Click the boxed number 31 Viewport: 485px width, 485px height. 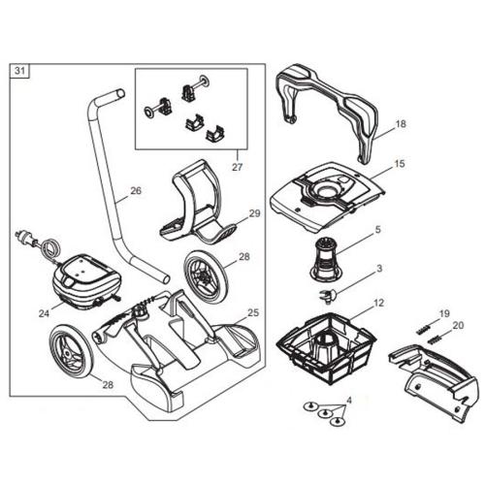[19, 70]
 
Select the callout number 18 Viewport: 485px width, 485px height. [401, 125]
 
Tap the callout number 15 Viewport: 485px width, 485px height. [400, 165]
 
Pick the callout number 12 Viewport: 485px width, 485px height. [379, 303]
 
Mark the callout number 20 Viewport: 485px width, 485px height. [459, 326]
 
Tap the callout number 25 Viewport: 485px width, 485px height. [253, 312]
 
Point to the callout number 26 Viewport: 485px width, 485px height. [135, 191]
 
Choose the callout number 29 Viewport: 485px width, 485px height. [255, 212]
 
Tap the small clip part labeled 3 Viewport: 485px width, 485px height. [327, 293]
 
